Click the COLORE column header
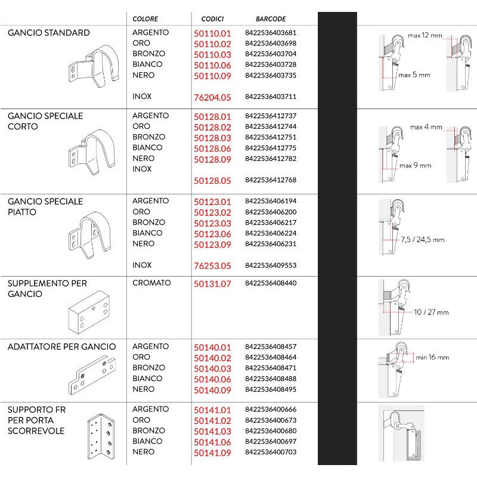(145, 19)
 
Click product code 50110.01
(212, 33)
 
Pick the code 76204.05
(212, 97)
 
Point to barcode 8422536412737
(270, 116)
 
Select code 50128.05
(212, 180)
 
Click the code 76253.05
(212, 265)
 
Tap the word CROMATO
(151, 283)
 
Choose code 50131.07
(212, 284)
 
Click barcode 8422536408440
(270, 284)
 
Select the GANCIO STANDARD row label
(49, 33)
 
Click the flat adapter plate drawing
(93, 375)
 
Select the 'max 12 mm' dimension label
(425, 36)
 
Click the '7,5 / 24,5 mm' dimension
(422, 240)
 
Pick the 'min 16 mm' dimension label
(432, 357)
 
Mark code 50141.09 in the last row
(212, 453)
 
